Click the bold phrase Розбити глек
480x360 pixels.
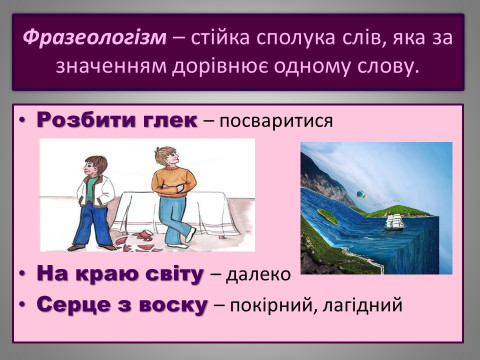click(x=116, y=121)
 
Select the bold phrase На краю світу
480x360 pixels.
click(x=120, y=273)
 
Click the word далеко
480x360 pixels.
click(x=258, y=274)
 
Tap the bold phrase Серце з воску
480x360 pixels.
click(x=122, y=303)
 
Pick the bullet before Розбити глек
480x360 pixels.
click(x=22, y=121)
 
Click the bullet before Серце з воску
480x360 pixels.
click(x=22, y=304)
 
